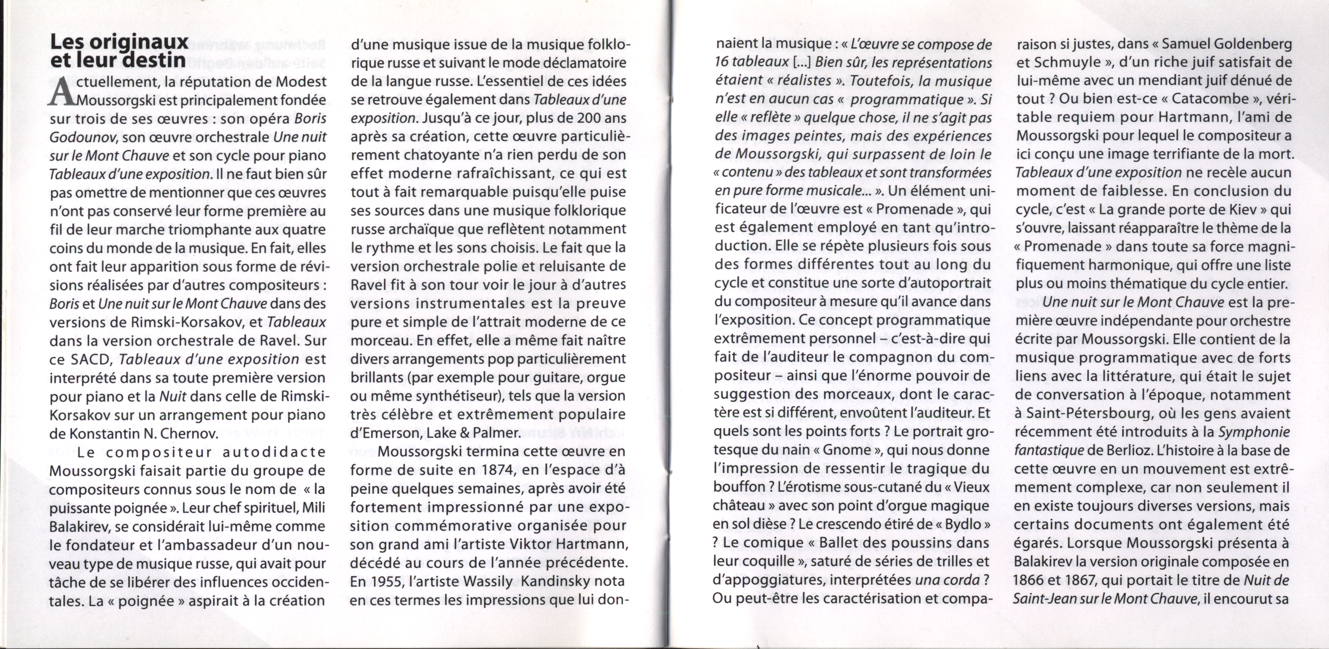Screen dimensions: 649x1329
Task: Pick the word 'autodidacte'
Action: click(274, 452)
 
